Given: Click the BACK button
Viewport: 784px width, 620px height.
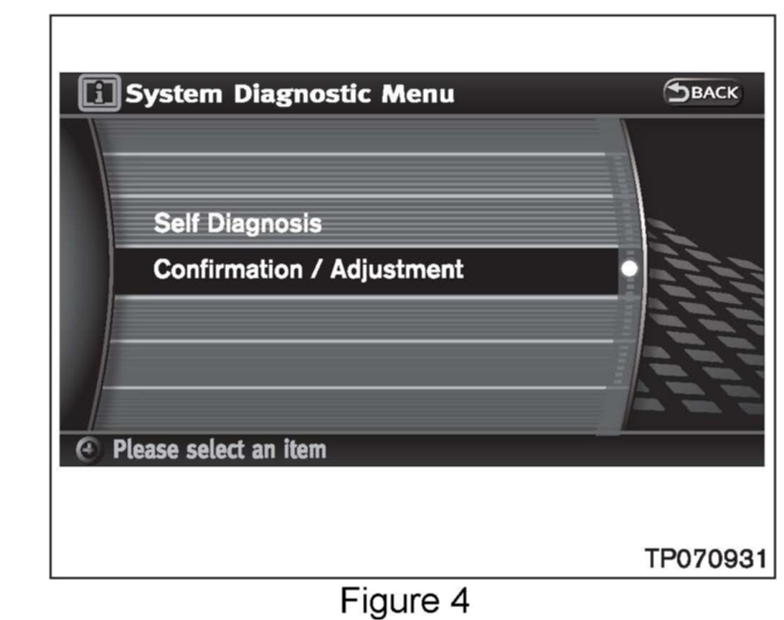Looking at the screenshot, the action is [702, 93].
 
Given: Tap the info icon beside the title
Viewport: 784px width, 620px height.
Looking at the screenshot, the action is [100, 94].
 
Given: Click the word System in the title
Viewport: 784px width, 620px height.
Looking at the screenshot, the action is [173, 94].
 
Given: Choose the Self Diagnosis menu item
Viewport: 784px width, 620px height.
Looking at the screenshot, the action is [237, 224].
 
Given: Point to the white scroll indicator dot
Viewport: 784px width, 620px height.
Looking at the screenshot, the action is [630, 270].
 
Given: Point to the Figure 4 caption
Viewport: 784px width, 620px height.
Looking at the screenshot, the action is [405, 599].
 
